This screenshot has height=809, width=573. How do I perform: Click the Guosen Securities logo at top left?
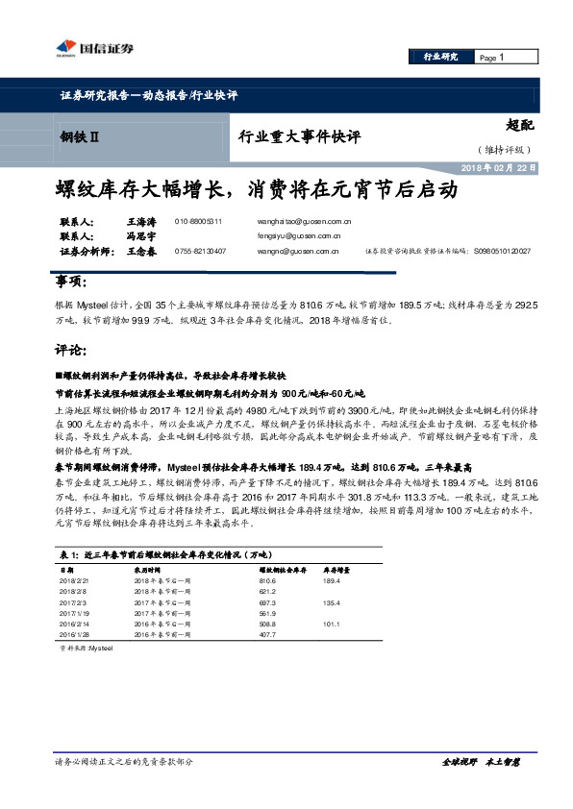pos(81,47)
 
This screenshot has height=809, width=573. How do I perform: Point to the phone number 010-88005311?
pos(198,221)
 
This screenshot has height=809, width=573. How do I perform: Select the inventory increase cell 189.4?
pos(333,581)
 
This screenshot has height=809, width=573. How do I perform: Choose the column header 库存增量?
pos(334,570)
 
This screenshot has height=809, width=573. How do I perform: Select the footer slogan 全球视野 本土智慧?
pos(481,761)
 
